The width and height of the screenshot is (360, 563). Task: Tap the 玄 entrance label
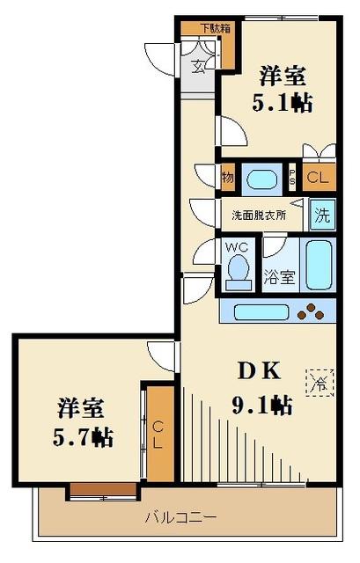tap(199, 63)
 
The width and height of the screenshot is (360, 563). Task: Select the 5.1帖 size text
tap(283, 101)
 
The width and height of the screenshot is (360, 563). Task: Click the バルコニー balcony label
tap(180, 516)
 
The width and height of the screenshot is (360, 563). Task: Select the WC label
tap(236, 247)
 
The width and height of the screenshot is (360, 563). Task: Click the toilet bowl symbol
tap(236, 274)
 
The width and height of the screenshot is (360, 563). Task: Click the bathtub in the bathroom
tap(319, 263)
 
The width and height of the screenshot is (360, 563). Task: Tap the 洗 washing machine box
tap(322, 213)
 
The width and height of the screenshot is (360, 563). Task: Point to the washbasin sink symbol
tap(261, 179)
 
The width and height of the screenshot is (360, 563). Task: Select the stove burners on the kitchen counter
tap(312, 311)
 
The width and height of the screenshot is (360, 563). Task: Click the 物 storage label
tap(228, 179)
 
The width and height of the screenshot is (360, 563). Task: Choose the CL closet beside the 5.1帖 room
tap(318, 178)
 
